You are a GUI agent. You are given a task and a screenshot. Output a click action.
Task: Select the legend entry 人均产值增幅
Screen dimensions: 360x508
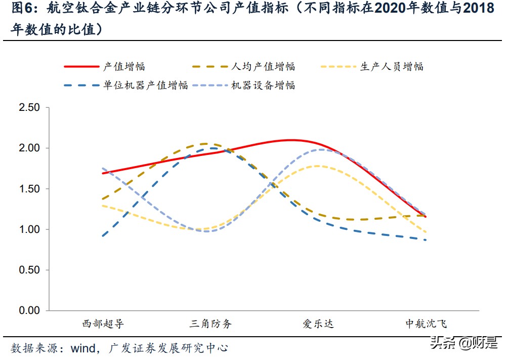point(263,66)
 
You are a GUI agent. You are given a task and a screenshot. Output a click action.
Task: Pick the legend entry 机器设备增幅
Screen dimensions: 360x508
point(263,85)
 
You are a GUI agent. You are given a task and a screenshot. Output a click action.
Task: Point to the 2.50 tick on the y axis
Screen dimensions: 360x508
point(28,107)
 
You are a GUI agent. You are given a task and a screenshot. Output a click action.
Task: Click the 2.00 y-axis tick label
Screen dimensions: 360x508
point(28,148)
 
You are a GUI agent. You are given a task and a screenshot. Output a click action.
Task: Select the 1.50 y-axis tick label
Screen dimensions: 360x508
point(28,189)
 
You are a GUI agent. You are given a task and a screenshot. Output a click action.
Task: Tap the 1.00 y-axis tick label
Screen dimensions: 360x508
point(28,229)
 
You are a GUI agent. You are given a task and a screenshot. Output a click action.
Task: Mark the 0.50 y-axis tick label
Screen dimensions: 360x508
point(28,270)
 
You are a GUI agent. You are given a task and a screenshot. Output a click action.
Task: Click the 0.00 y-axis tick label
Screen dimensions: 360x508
point(28,310)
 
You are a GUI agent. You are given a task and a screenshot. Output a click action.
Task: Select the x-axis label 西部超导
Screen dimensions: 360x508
point(103,324)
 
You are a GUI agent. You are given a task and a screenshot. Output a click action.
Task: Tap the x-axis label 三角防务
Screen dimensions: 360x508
point(211,324)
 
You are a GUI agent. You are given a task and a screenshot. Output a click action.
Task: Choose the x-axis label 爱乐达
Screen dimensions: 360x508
point(318,324)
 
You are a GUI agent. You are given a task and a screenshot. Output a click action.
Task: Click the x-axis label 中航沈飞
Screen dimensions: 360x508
point(426,324)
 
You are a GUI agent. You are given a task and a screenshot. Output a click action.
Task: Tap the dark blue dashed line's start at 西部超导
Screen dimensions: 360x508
point(103,235)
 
